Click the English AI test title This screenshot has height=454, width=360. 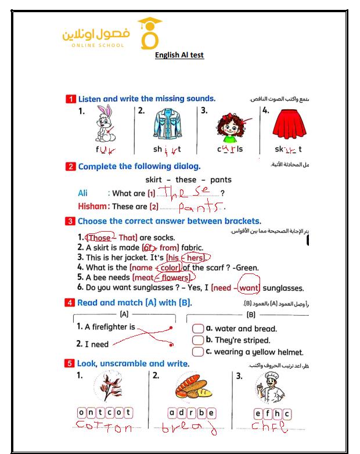tap(179, 55)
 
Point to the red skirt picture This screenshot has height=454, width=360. tap(289, 124)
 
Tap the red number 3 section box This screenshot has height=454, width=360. tap(70, 221)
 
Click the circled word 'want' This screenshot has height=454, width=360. tap(249, 287)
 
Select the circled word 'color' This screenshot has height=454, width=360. tap(169, 268)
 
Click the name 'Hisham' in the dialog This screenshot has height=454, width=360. tap(93, 206)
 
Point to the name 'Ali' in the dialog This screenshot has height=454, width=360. tap(83, 193)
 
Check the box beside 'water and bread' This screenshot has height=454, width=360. tap(197, 329)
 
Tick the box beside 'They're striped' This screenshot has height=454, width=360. tap(197, 340)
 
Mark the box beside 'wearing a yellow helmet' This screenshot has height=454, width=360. tap(197, 351)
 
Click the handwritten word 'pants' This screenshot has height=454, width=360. tap(200, 207)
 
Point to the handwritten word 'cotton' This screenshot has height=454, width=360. tap(105, 428)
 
